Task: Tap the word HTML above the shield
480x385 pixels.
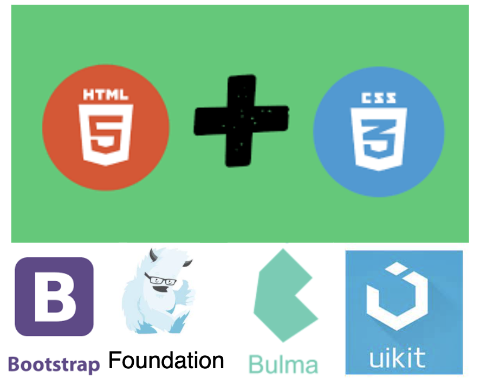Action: [106, 96]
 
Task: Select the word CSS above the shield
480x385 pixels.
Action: [379, 98]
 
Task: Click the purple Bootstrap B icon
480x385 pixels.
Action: [54, 297]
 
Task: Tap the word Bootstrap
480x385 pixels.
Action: [54, 364]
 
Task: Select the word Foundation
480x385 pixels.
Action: [166, 360]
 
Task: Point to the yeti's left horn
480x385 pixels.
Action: [153, 254]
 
